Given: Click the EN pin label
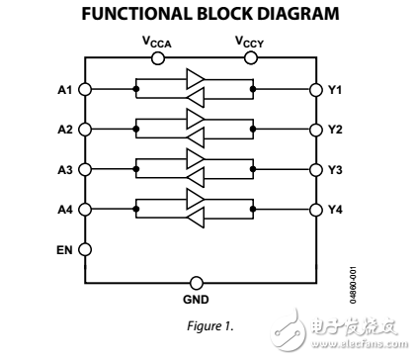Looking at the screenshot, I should [x=63, y=249].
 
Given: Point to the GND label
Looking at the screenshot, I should [x=198, y=297].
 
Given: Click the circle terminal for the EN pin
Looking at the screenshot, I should [x=85, y=249].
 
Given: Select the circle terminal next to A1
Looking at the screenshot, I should [x=85, y=89].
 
